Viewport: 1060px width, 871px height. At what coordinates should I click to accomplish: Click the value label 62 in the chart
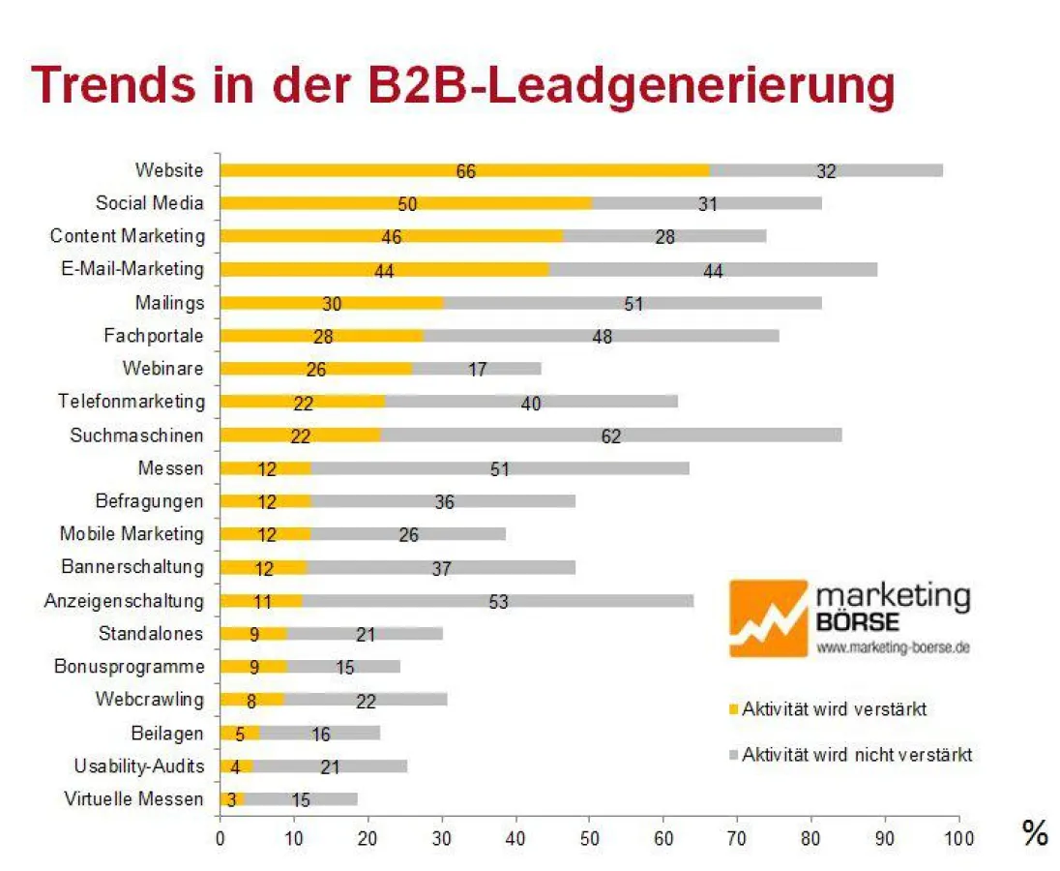tap(610, 436)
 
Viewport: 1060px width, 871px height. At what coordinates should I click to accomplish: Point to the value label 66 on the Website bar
tap(466, 171)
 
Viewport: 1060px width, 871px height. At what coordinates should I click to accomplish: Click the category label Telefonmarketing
tap(132, 401)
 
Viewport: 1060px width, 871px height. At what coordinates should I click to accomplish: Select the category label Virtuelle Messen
tap(134, 798)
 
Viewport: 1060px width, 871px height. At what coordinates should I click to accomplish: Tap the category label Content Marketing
tap(128, 236)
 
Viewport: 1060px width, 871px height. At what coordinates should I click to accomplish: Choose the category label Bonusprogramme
tap(130, 666)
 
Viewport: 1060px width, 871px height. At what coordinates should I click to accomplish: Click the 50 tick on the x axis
tap(589, 837)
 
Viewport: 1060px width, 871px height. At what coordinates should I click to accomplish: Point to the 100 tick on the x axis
tap(958, 837)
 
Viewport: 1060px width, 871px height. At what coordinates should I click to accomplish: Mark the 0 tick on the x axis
tap(221, 837)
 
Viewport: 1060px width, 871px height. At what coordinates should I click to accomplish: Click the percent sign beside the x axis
tap(1035, 834)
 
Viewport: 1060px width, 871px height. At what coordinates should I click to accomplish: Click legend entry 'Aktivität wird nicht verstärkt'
tap(856, 755)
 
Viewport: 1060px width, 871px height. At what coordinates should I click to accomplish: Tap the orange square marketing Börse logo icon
tap(768, 618)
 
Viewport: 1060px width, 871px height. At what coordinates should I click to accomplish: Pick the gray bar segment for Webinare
tap(476, 369)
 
